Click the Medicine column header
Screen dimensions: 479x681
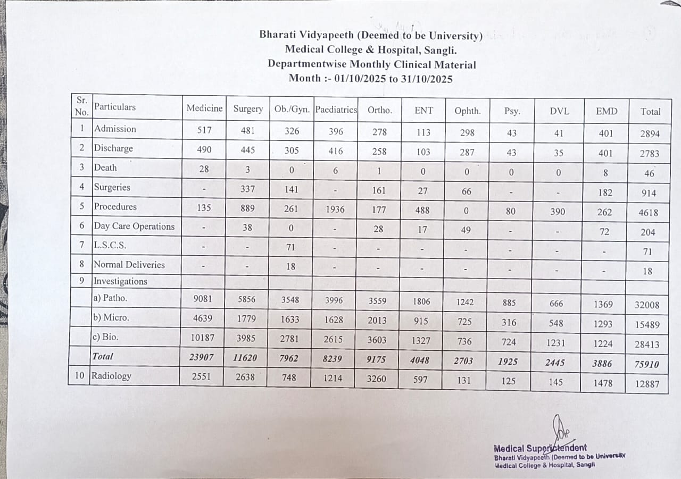tap(204, 108)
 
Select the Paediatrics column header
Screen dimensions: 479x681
tap(335, 110)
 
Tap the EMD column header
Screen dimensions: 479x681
tap(607, 111)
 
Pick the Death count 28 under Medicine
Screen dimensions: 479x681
tap(204, 169)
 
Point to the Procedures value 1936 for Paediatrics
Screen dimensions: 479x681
tap(335, 209)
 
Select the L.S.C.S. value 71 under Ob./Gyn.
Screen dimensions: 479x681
tap(290, 247)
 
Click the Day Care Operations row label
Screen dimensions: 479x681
tap(134, 226)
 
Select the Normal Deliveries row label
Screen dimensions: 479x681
tap(129, 265)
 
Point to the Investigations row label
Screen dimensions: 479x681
tap(121, 281)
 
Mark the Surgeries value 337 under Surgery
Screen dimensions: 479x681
tap(247, 189)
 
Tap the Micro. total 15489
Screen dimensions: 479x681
tap(647, 325)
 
